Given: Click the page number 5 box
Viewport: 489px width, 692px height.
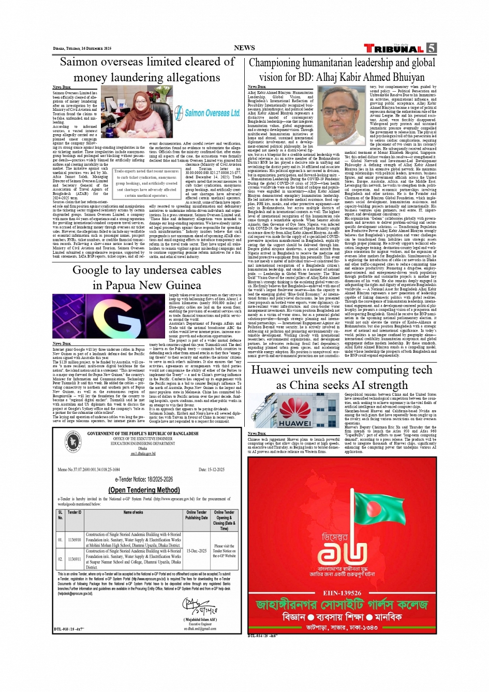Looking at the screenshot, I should point(431,48).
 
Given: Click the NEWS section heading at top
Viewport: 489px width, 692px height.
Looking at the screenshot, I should point(244,48).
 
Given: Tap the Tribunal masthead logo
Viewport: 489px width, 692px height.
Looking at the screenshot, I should point(394,49).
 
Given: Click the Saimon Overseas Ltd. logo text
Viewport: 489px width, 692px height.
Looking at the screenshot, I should point(212,112).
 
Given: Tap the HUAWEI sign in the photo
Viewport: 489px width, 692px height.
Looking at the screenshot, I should point(295,423).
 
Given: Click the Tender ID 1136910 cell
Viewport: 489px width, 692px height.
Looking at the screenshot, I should point(75,540).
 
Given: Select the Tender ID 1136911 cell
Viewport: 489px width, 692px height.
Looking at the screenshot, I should point(75,559).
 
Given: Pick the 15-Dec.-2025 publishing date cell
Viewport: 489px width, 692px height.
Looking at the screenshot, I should point(196,551).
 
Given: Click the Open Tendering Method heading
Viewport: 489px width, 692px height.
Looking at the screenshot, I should point(144,490).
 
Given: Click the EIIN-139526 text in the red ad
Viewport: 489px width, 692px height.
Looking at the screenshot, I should point(342,593).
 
